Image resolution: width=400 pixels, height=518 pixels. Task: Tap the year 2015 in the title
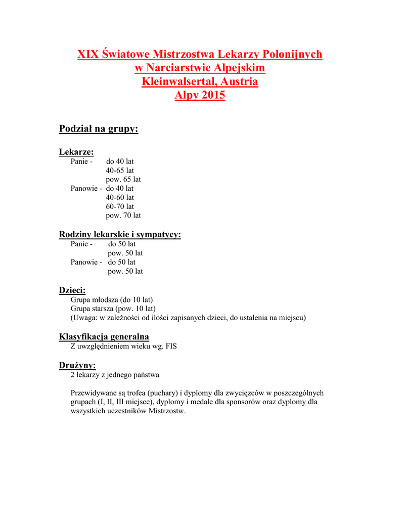pyautogui.click(x=212, y=95)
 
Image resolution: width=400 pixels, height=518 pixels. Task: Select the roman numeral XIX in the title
pyautogui.click(x=88, y=54)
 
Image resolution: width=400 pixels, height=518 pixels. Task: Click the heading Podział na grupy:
pyautogui.click(x=99, y=129)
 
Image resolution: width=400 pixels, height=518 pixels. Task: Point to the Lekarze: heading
pyautogui.click(x=76, y=152)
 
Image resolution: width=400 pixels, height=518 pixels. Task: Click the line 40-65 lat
pyautogui.click(x=120, y=170)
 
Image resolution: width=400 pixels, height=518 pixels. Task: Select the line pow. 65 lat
pyautogui.click(x=123, y=180)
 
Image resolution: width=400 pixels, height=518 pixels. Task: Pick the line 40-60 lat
pyautogui.click(x=120, y=197)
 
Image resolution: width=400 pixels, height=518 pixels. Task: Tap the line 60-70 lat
pyautogui.click(x=120, y=206)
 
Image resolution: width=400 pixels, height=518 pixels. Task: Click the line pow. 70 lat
pyautogui.click(x=123, y=215)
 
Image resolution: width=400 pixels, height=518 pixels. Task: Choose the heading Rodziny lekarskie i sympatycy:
pyautogui.click(x=120, y=234)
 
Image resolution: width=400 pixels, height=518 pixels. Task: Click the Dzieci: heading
pyautogui.click(x=72, y=290)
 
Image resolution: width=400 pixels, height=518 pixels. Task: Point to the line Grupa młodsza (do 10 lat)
pyautogui.click(x=112, y=299)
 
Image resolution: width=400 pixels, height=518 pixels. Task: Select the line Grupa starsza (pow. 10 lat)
pyautogui.click(x=113, y=309)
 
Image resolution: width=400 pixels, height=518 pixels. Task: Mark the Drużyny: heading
pyautogui.click(x=77, y=365)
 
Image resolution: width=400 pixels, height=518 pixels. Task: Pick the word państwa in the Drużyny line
pyautogui.click(x=147, y=375)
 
